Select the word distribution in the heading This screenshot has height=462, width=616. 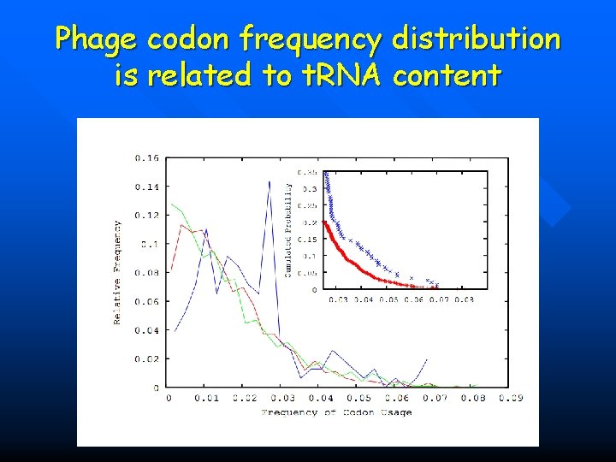(477, 40)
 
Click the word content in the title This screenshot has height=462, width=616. (447, 76)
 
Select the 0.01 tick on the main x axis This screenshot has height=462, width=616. (206, 399)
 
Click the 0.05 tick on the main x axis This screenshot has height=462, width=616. (359, 399)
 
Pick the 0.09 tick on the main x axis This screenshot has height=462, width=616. (512, 399)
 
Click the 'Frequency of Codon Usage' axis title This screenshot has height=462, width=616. (336, 412)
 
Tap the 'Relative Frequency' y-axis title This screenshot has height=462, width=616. (117, 272)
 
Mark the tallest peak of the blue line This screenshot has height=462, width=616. (269, 181)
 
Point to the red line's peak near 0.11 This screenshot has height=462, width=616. (181, 224)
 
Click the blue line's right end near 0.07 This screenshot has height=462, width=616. (427, 359)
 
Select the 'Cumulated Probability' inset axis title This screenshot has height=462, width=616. (288, 228)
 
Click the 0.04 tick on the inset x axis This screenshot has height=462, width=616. (364, 300)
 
